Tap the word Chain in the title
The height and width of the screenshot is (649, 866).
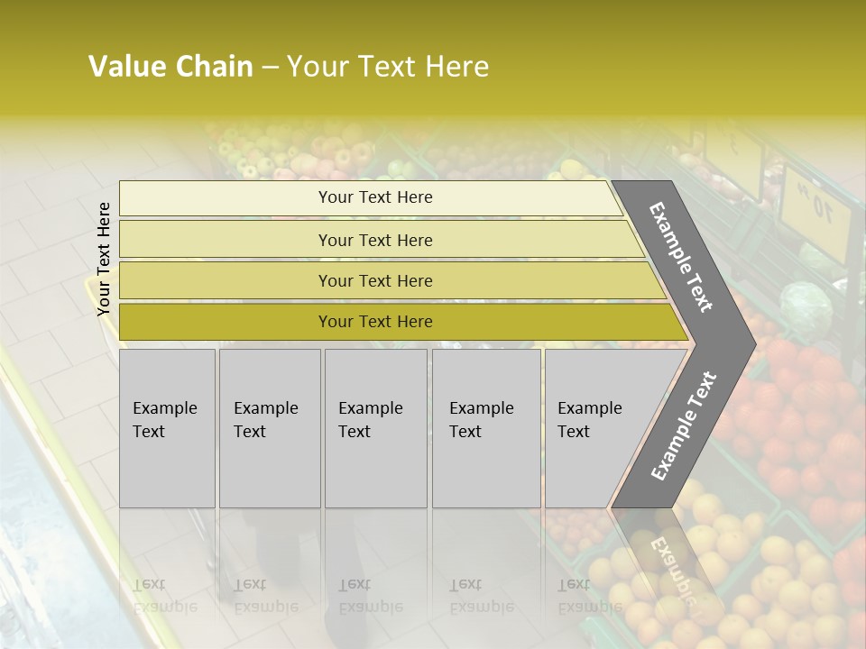[215, 67]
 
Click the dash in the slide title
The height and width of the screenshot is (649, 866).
[270, 68]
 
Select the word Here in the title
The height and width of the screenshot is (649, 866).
[456, 67]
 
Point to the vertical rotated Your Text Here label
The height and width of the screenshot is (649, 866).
[104, 259]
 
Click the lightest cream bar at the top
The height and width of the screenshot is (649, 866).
[370, 197]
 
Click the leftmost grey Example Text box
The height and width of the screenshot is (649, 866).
[167, 428]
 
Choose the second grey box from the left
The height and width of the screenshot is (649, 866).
[270, 428]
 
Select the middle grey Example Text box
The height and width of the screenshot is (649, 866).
[375, 428]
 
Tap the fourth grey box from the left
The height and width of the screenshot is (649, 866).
[486, 428]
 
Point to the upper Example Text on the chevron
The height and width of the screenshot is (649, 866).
[681, 257]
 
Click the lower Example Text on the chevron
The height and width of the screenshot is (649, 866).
[684, 425]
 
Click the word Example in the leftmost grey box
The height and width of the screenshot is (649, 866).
[164, 408]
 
